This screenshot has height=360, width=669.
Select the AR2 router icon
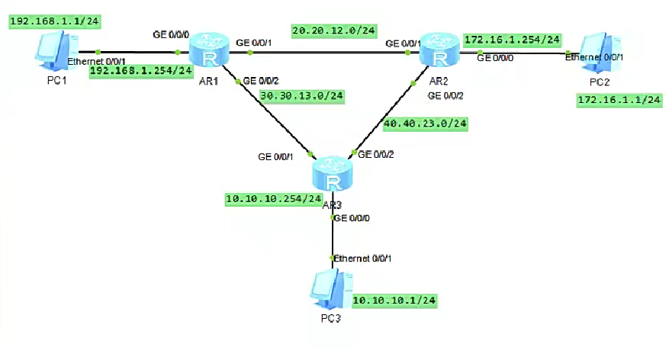pyautogui.click(x=436, y=50)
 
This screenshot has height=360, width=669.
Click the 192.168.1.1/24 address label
pyautogui.click(x=46, y=21)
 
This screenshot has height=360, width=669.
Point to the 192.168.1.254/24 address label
pyautogui.click(x=140, y=71)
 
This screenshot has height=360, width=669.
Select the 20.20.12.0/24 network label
pyautogui.click(x=334, y=31)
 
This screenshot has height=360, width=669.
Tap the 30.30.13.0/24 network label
pyautogui.click(x=301, y=96)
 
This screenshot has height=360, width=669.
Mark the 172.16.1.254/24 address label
pyautogui.click(x=511, y=39)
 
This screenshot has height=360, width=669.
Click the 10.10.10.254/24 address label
pyautogui.click(x=273, y=198)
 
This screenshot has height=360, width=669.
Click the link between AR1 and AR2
pyautogui.click(x=320, y=53)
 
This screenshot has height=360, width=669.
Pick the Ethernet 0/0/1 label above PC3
pyautogui.click(x=362, y=259)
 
